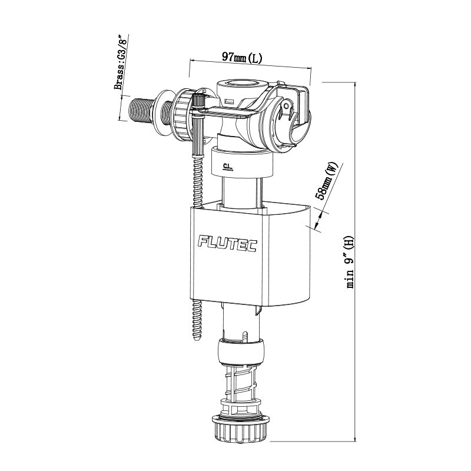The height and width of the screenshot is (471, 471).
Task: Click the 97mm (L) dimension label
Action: (242, 58)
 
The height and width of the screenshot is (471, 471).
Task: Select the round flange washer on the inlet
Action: (165, 112)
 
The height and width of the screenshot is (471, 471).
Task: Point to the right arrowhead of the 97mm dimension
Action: (309, 68)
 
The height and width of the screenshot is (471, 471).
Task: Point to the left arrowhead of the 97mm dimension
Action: (190, 61)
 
